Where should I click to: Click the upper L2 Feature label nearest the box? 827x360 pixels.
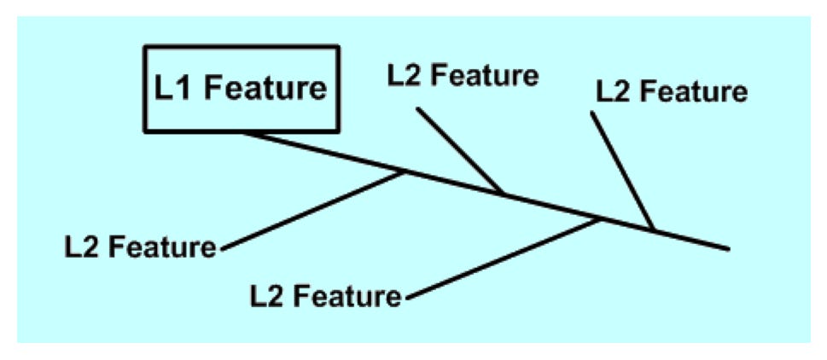pos(463,75)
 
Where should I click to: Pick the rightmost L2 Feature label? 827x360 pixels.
pos(672,91)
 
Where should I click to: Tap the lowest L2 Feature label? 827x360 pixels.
pos(325,297)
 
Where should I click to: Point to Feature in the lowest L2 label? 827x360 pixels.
pos(351,297)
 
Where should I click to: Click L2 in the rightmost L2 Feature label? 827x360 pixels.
pos(611,91)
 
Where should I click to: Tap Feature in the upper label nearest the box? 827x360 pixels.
pos(488,75)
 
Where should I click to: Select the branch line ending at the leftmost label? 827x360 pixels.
pos(312,211)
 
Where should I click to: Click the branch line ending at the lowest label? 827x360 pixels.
pos(504,258)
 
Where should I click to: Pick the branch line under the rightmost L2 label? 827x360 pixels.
pos(622,171)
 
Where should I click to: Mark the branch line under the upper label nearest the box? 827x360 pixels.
pos(458,151)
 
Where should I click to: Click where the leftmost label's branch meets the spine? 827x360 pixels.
pos(405,172)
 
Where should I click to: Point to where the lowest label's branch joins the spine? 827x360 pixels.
pos(600,219)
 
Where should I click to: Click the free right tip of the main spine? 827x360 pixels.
pos(728,249)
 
